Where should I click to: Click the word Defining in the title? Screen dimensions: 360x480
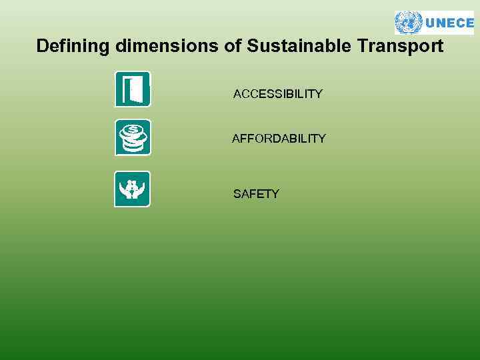[73, 47]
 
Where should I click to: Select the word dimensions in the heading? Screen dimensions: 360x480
[163, 47]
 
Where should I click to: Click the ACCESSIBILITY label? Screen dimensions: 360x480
[278, 94]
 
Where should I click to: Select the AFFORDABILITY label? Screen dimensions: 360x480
[279, 139]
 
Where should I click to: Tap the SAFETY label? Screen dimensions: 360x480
[256, 194]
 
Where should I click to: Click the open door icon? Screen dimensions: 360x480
[132, 89]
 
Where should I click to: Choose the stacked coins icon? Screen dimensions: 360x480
[132, 137]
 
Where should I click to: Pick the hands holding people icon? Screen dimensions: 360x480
[132, 189]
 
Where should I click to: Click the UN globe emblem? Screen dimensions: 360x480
[408, 23]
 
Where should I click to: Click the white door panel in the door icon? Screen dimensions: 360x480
[137, 89]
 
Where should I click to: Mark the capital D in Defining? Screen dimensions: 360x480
[42, 47]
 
